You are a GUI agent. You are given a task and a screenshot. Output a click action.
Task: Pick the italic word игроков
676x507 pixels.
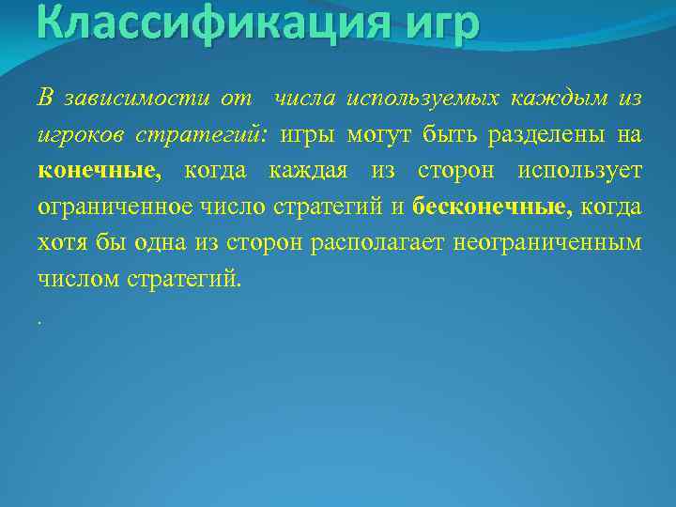tap(78, 135)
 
